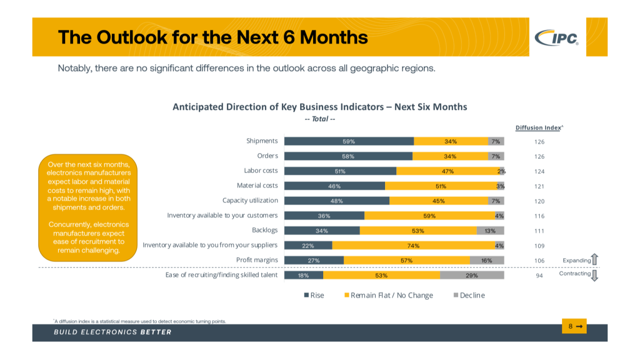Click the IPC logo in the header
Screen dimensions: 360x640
pyautogui.click(x=557, y=37)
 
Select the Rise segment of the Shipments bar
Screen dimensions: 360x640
pyautogui.click(x=349, y=141)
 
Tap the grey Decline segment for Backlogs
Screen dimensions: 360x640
pyautogui.click(x=490, y=231)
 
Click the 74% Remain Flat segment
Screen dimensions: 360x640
pyautogui.click(x=413, y=246)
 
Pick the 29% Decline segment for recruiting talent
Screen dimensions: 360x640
pyautogui.click(x=472, y=276)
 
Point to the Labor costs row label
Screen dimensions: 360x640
pyautogui.click(x=261, y=171)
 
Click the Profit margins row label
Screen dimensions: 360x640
pyautogui.click(x=257, y=260)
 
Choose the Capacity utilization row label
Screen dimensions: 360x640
pyautogui.click(x=250, y=201)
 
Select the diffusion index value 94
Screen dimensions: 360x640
pyautogui.click(x=539, y=276)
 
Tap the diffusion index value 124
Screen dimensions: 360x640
pyautogui.click(x=539, y=172)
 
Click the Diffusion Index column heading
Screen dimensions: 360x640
pyautogui.click(x=538, y=127)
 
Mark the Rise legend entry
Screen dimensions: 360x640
pyautogui.click(x=314, y=295)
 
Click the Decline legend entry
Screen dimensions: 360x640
pyautogui.click(x=469, y=295)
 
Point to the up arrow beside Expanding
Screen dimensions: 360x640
pyautogui.click(x=595, y=259)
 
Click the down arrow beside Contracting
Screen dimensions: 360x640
pyautogui.click(x=595, y=275)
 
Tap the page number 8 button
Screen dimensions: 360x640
pyautogui.click(x=574, y=326)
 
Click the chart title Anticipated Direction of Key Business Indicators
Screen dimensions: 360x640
pyautogui.click(x=319, y=107)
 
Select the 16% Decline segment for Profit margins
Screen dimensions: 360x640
pyautogui.click(x=486, y=261)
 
